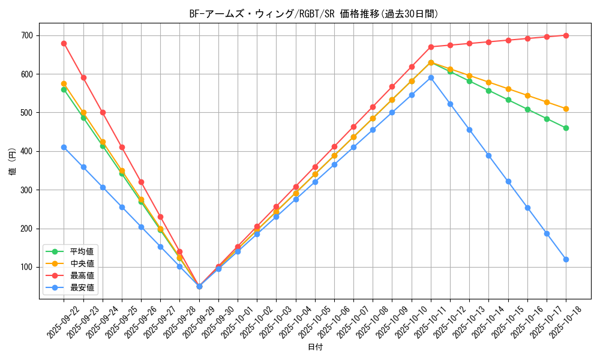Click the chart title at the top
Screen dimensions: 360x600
[314, 14]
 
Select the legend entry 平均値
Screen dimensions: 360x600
[82, 251]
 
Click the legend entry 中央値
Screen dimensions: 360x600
[82, 263]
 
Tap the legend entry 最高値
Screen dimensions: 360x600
[82, 275]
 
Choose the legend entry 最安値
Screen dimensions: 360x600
[82, 287]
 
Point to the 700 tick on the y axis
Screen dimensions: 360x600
[28, 35]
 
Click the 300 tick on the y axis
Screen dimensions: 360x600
[28, 190]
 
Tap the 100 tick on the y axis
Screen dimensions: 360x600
[28, 267]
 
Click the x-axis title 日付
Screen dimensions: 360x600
[315, 347]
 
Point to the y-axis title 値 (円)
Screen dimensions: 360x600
[13, 162]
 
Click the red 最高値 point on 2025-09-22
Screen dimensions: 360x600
[64, 43]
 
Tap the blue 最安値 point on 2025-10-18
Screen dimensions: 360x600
[566, 259]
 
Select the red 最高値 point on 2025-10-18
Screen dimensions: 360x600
[566, 35]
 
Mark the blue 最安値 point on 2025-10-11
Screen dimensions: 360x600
[431, 77]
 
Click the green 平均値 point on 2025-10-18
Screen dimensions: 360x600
[566, 128]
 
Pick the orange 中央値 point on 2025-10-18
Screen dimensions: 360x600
[566, 109]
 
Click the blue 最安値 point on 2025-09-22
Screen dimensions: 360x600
[64, 147]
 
